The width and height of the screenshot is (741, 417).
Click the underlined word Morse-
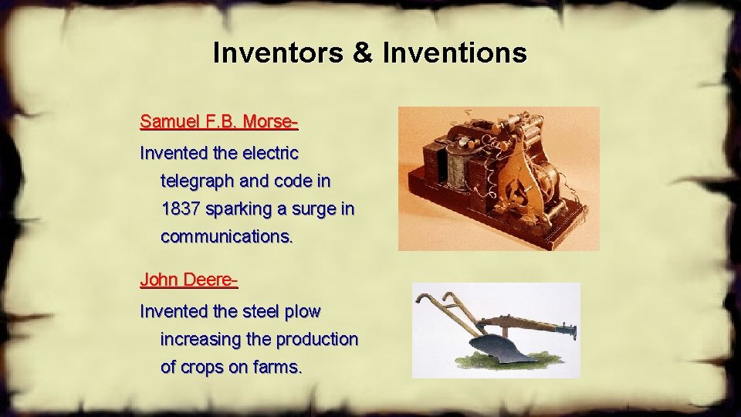tap(270, 121)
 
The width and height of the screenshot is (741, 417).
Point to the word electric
tap(265, 153)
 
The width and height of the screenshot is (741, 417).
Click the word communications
tap(227, 236)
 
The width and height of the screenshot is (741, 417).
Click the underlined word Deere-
tap(209, 280)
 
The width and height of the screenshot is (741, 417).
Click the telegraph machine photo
tap(498, 178)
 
